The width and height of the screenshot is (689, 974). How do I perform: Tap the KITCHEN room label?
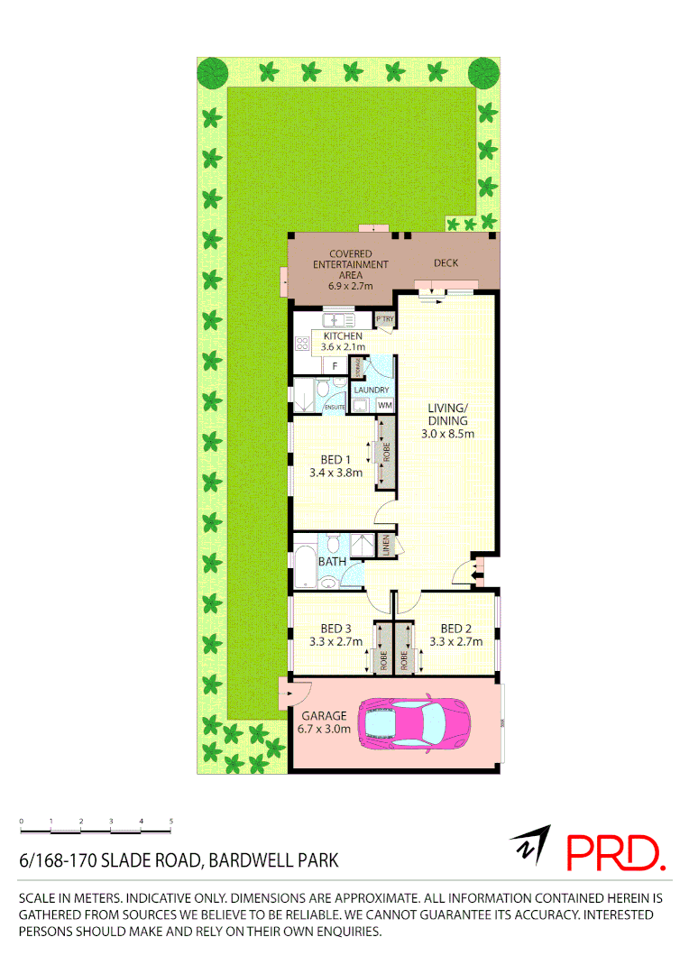[x=343, y=336]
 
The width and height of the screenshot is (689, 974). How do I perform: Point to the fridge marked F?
[x=335, y=365]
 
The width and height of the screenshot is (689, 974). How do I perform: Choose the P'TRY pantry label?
[x=385, y=319]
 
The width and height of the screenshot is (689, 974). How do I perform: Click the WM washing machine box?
[x=385, y=405]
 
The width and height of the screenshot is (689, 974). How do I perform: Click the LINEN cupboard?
[x=385, y=545]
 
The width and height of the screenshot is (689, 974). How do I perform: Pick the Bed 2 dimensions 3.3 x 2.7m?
[x=456, y=642]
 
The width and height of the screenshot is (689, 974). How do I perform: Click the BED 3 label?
[x=335, y=629]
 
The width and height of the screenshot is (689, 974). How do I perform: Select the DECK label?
[x=446, y=263]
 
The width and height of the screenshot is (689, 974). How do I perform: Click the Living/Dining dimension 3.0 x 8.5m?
[x=448, y=434]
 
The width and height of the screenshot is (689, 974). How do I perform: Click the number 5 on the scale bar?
[x=171, y=821]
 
